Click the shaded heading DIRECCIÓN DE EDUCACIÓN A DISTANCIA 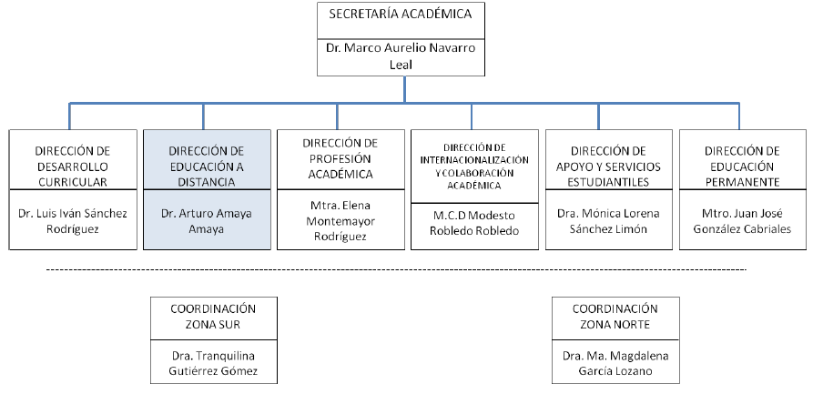click(x=208, y=165)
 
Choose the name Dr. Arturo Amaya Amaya click(x=208, y=221)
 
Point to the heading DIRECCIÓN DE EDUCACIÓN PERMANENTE click(x=741, y=165)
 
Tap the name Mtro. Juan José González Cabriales click(x=741, y=221)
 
